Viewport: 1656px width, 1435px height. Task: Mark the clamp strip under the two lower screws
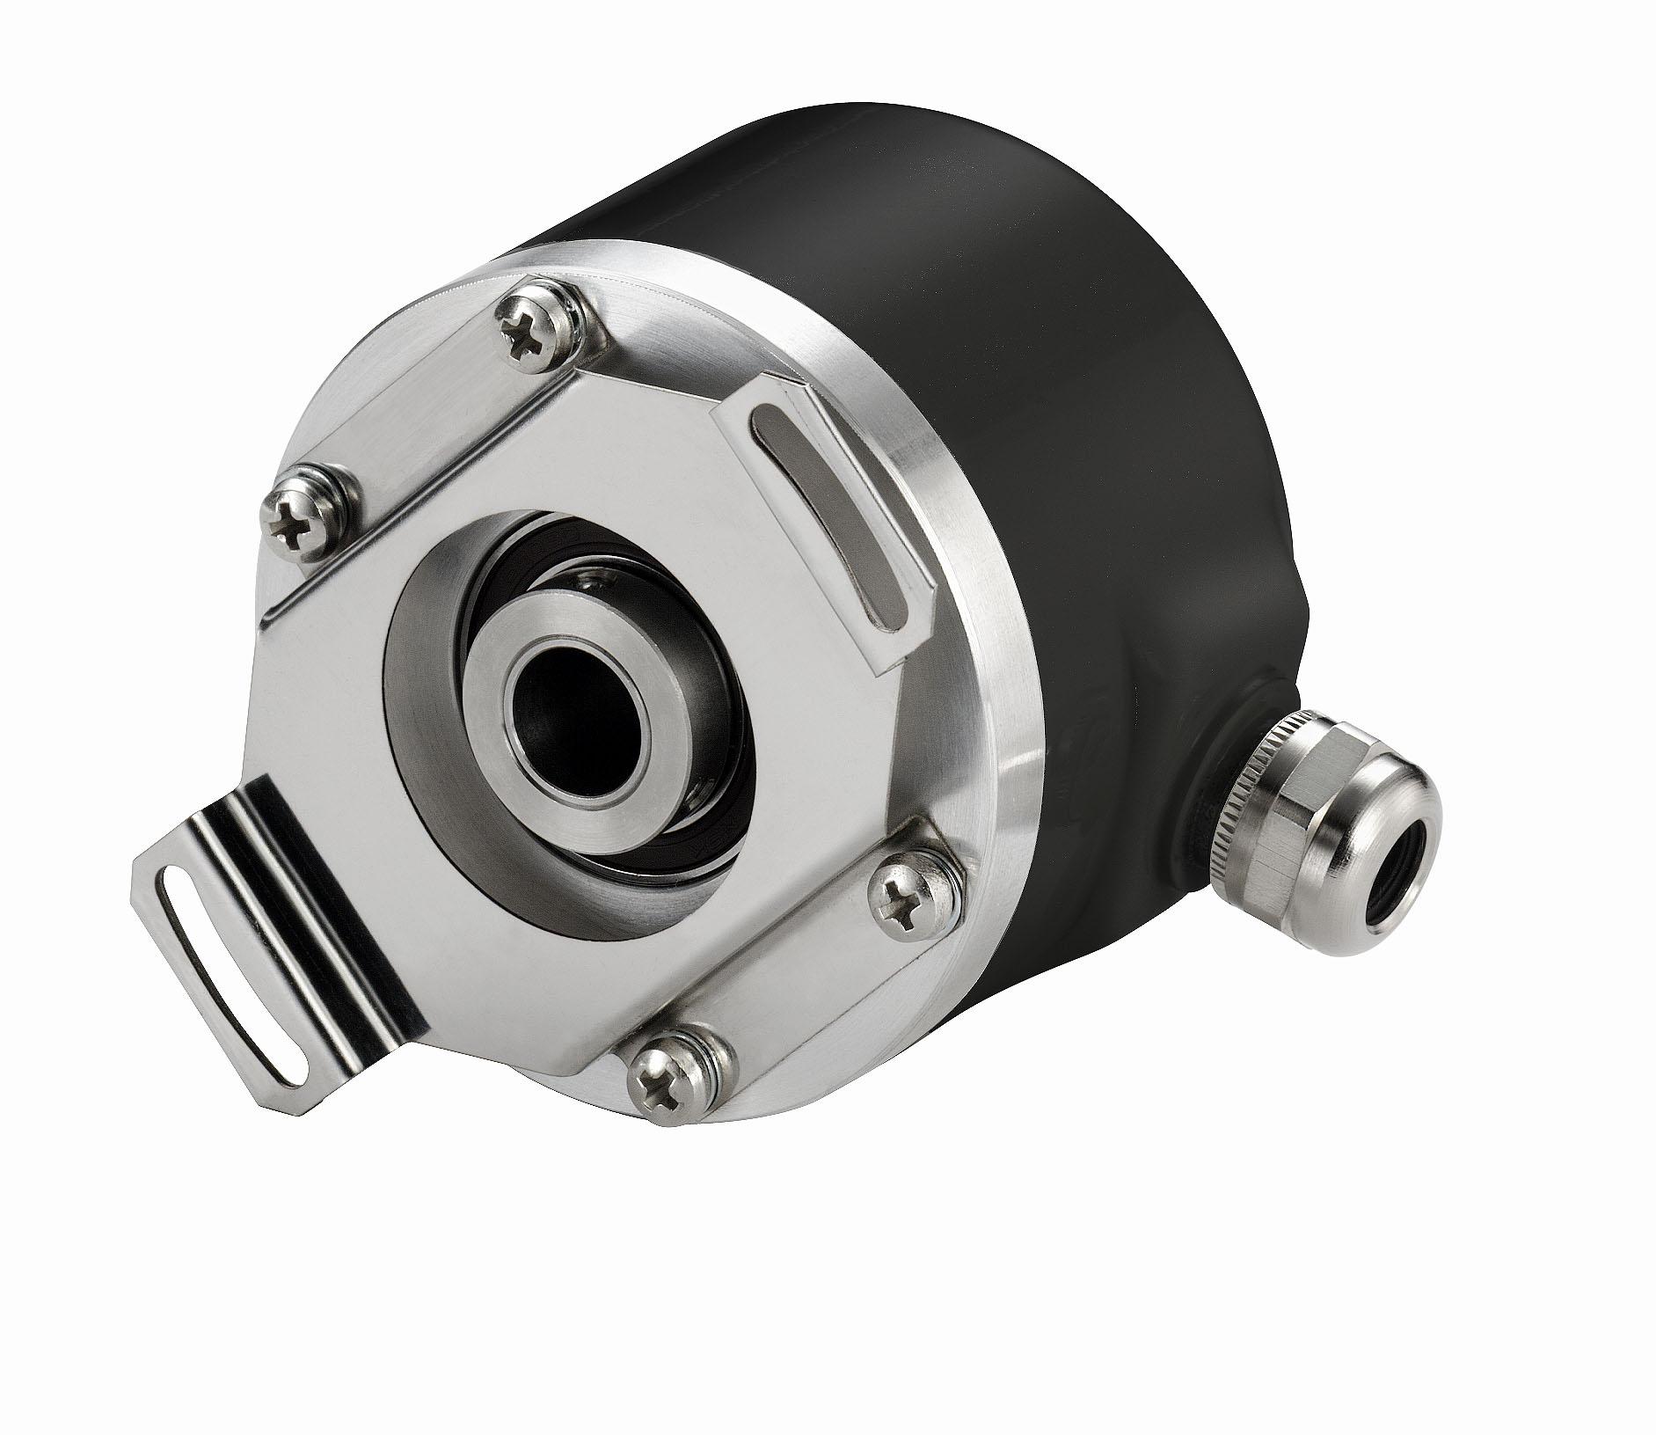pos(792,994)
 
